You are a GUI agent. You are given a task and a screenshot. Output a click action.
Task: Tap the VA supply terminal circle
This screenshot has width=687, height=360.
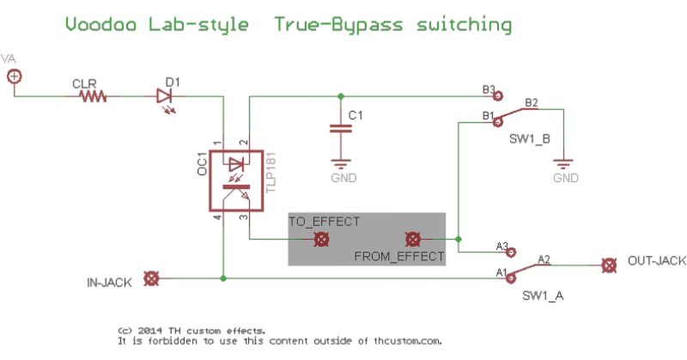14,76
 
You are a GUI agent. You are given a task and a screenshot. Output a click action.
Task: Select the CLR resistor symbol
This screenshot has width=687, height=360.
94,97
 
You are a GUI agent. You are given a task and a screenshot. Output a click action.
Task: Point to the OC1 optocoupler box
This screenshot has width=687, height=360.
231,179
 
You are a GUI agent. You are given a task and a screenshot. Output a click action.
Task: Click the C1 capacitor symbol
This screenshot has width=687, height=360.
342,130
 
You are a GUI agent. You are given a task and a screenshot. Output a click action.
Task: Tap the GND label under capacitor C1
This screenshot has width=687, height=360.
343,178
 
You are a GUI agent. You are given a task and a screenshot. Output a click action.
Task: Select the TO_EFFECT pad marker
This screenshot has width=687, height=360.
321,240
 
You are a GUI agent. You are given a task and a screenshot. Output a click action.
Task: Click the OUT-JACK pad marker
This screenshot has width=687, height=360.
608,264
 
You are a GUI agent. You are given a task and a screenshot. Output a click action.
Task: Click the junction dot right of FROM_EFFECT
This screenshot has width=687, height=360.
460,239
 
